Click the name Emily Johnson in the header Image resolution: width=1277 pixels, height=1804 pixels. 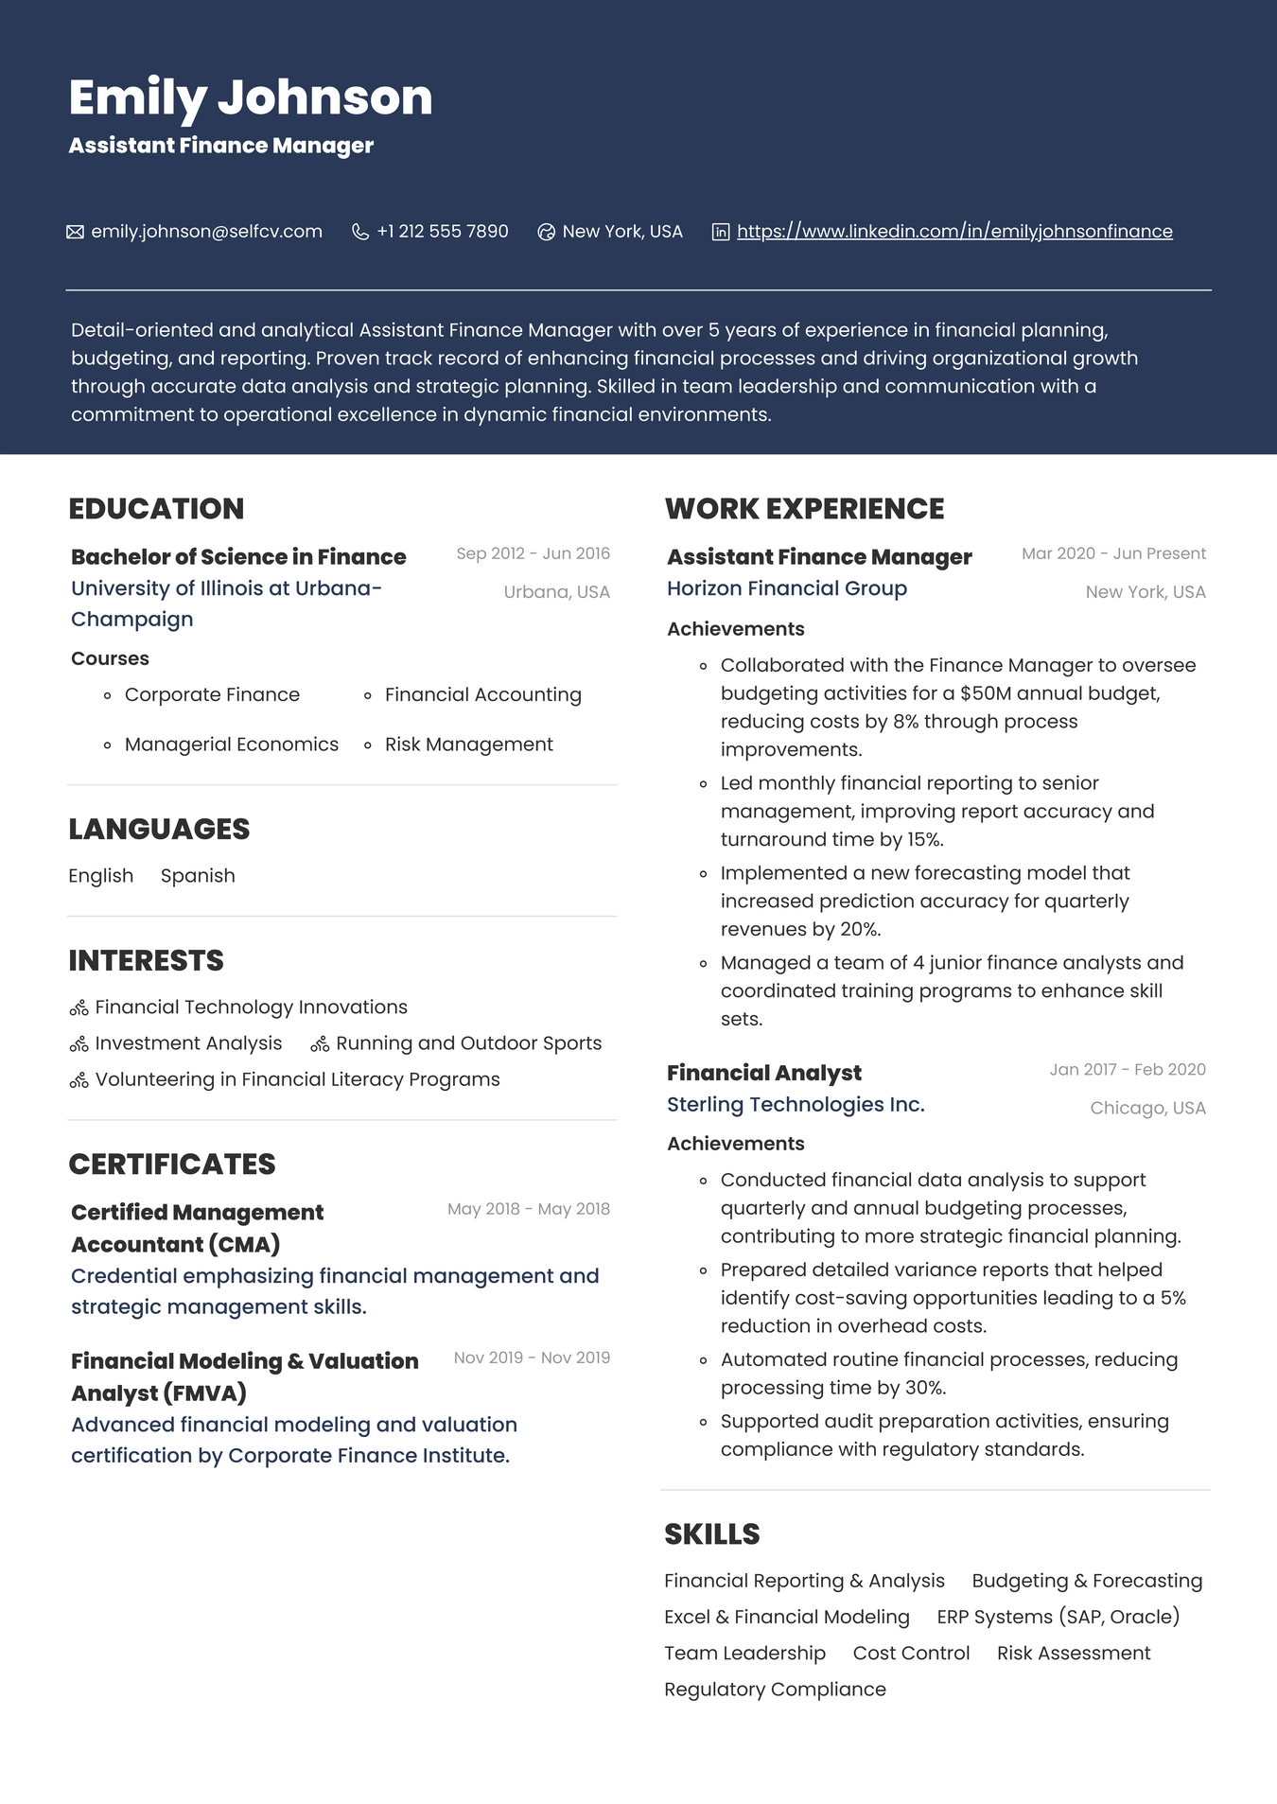point(250,97)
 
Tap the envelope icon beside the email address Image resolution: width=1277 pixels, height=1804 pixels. point(75,232)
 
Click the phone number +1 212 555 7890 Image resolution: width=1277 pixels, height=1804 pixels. point(442,232)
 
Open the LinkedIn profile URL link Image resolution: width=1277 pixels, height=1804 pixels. point(953,232)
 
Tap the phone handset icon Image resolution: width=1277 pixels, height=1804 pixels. point(359,232)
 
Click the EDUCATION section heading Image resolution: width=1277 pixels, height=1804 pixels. point(156,509)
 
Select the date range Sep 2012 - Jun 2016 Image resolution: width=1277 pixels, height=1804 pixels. point(533,553)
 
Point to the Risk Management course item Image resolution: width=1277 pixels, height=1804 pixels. point(468,744)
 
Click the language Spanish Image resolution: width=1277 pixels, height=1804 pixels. point(198,876)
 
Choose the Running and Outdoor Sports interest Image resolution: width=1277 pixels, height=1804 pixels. point(468,1043)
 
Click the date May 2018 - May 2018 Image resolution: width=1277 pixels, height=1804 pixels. point(528,1209)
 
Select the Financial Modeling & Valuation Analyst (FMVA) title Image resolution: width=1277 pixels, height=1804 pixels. point(244,1376)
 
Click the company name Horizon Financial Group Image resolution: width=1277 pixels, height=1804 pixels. point(786,588)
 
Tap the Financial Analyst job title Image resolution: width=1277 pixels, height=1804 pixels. point(763,1073)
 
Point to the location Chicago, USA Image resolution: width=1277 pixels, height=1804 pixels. point(1147,1108)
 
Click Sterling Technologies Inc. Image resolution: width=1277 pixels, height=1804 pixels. point(795,1105)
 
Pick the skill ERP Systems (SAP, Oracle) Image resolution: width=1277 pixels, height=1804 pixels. point(1058,1617)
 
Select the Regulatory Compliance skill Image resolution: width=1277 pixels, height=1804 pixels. point(775,1690)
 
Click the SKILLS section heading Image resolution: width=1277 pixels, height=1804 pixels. point(711,1534)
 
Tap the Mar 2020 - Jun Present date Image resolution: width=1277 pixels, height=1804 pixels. point(1113,553)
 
